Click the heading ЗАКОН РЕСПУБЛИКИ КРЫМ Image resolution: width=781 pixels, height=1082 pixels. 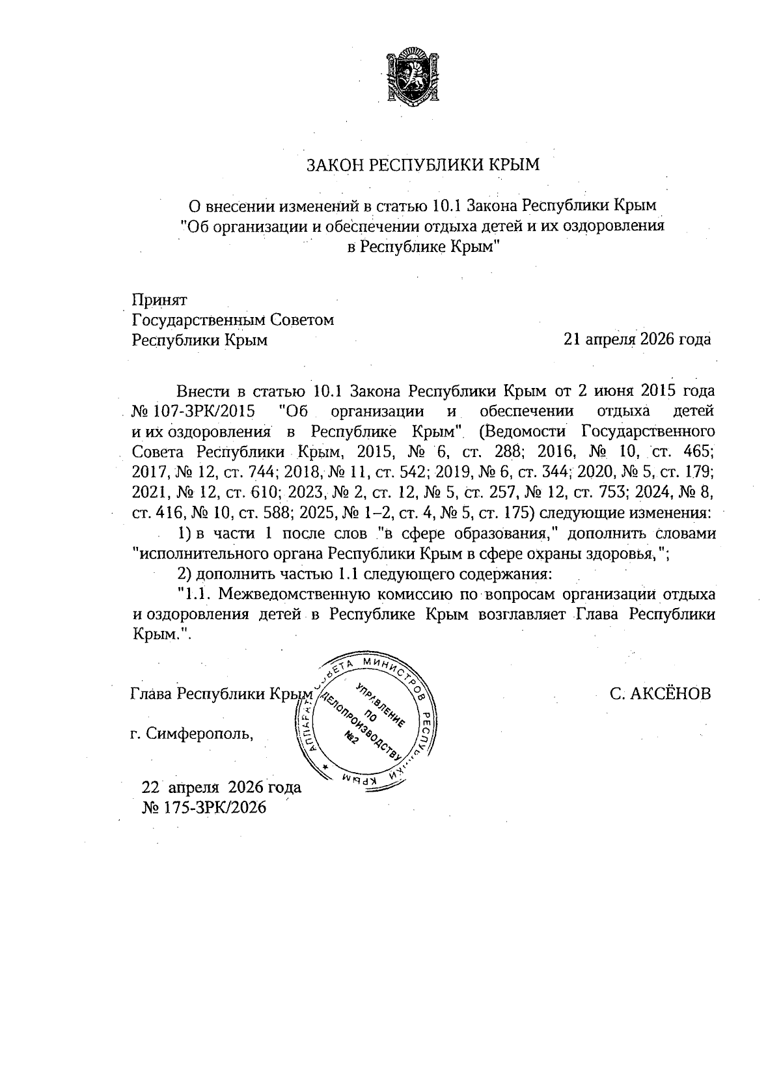coord(423,165)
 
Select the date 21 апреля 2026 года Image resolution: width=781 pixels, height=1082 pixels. coord(637,339)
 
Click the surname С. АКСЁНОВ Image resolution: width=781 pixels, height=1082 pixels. coord(660,693)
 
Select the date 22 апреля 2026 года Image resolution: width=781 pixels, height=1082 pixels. coord(221,787)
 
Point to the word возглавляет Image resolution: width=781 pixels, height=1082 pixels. coord(523,614)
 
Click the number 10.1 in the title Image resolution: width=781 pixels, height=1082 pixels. coord(446,206)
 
